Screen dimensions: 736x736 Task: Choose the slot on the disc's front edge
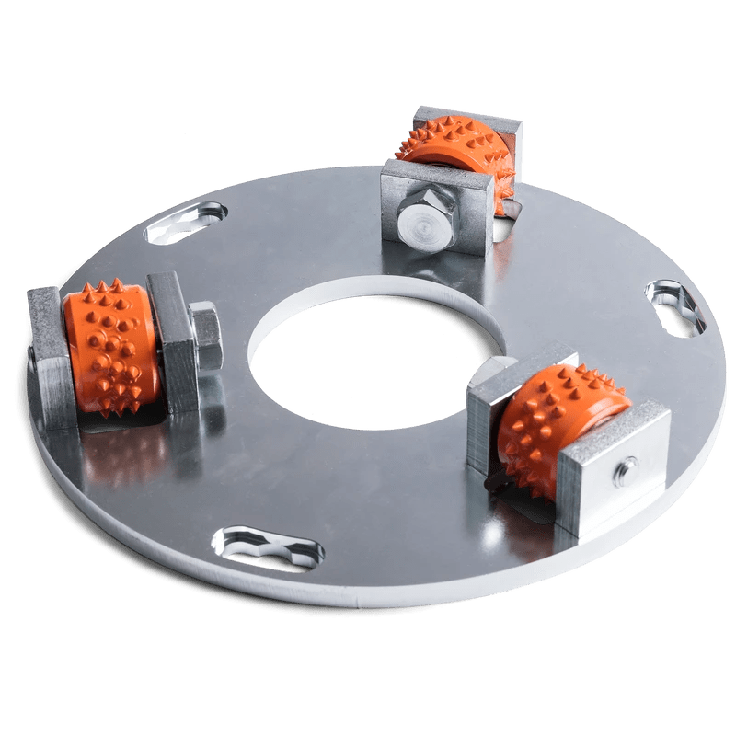[x=268, y=549]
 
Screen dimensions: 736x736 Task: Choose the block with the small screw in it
[x=612, y=469]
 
